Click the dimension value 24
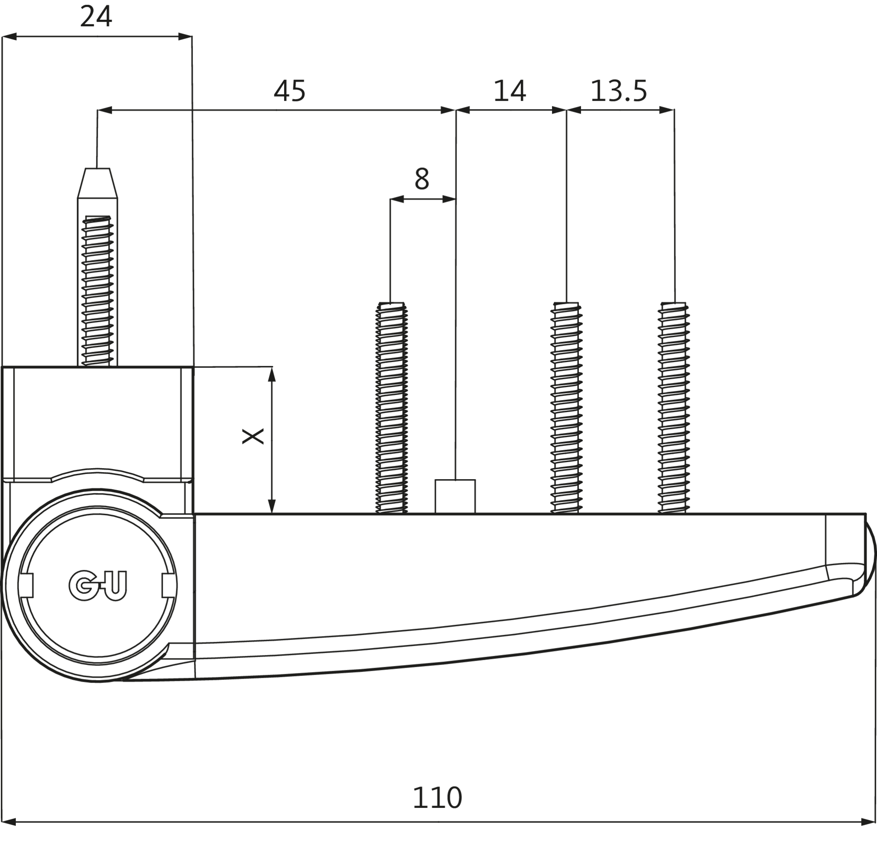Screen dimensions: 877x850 (96, 17)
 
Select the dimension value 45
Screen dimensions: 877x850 (289, 91)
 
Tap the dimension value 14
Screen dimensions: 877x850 (509, 91)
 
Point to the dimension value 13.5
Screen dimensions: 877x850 (619, 91)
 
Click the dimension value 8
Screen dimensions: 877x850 (422, 178)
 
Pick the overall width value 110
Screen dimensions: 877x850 (437, 797)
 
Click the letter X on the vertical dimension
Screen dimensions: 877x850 (253, 436)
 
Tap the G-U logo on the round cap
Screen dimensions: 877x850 (98, 585)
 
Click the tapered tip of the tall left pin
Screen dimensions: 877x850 (97, 183)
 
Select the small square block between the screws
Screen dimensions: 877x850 (455, 497)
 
